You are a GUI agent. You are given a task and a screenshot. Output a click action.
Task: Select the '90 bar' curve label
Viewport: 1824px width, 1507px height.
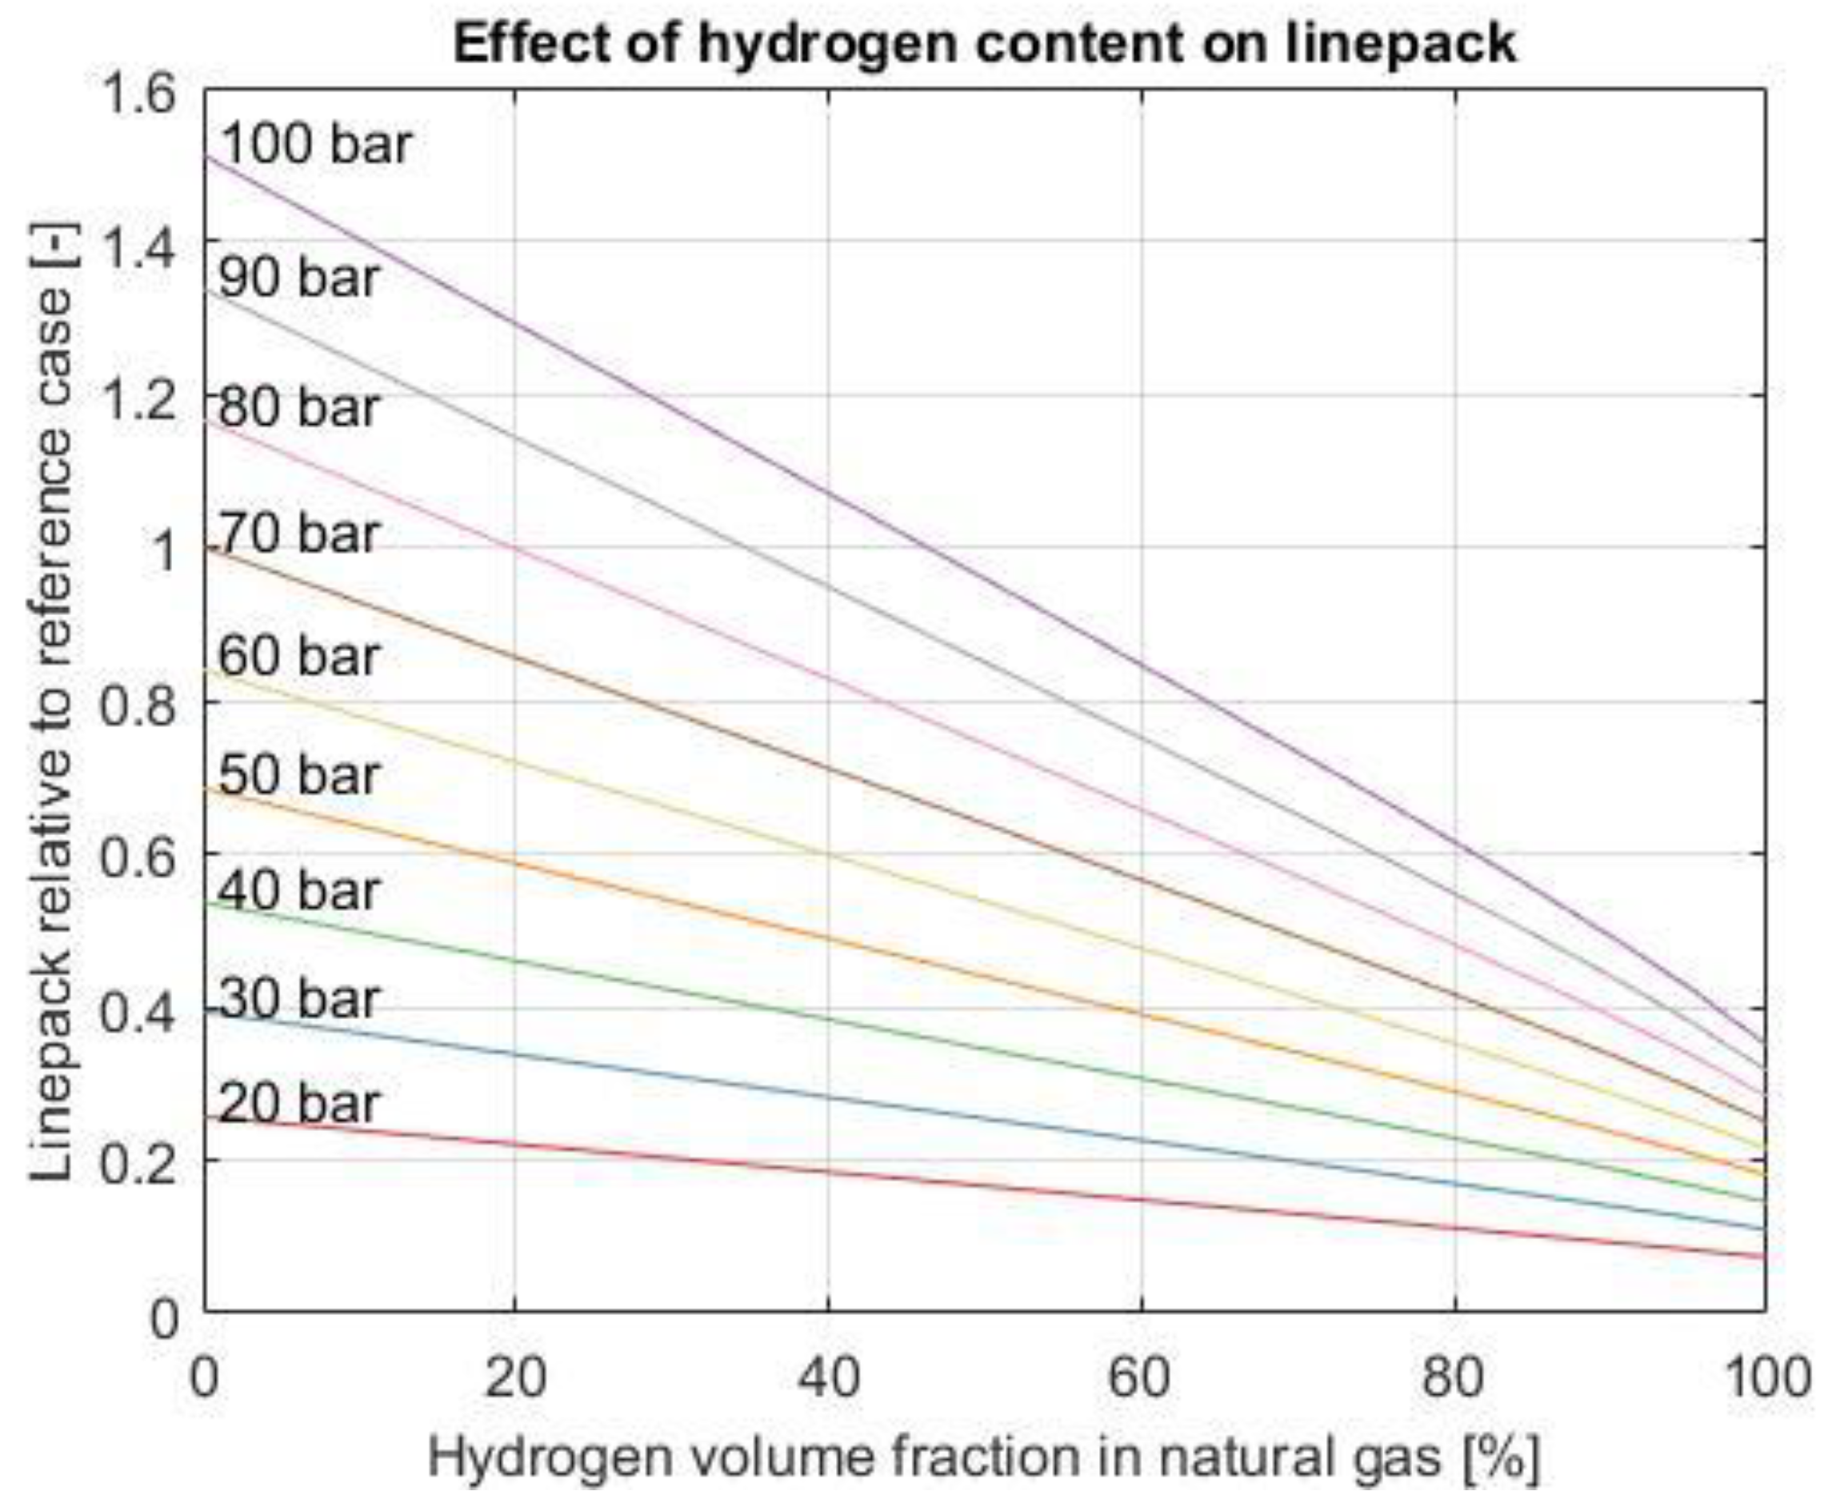[298, 278]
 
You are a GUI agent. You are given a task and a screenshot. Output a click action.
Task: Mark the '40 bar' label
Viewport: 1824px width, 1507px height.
[298, 892]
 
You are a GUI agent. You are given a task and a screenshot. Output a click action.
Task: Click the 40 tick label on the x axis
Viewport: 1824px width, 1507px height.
[827, 1377]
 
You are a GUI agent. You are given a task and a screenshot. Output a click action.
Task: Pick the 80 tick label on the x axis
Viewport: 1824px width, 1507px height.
[1454, 1377]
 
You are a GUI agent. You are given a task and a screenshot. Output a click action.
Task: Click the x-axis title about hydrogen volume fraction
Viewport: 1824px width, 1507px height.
[984, 1457]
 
